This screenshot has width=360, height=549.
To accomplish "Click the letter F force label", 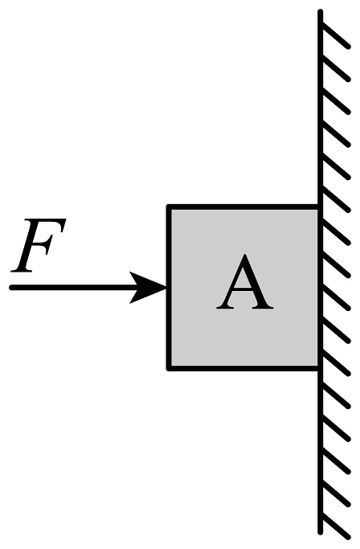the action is click(38, 245).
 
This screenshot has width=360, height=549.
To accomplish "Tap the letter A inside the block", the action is click(245, 282).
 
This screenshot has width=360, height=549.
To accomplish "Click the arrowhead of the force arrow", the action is click(148, 288).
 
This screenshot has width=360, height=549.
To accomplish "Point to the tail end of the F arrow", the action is click(11, 288).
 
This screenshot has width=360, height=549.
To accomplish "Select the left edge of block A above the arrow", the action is click(169, 245).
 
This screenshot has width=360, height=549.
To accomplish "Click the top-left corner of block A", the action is click(168, 206).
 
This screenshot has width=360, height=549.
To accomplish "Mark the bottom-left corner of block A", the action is click(168, 369).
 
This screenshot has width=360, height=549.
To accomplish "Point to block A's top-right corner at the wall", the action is click(319, 206).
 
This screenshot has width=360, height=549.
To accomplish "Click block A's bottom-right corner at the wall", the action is click(319, 369).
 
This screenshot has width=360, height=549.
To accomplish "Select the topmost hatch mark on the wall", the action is click(335, 35).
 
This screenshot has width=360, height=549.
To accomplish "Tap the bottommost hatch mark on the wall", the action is click(335, 525).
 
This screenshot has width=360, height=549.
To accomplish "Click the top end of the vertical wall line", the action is click(320, 11).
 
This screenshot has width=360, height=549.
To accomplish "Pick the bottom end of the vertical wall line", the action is click(320, 532).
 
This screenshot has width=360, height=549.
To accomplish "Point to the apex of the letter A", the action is click(245, 255).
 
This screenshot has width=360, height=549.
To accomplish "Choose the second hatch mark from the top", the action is click(335, 68).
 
